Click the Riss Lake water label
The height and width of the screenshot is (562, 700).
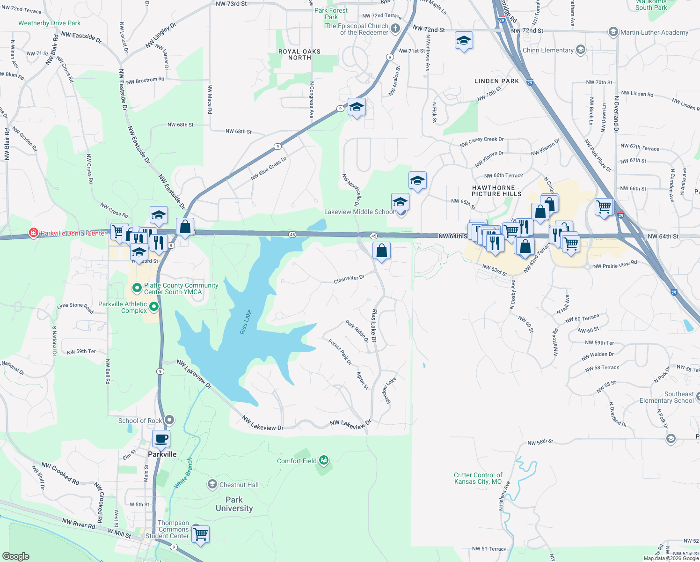246,322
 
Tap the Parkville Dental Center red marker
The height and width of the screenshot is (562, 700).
34,233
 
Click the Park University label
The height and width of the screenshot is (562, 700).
234,504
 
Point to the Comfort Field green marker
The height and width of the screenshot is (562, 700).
324,461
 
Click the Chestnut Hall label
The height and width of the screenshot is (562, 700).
239,485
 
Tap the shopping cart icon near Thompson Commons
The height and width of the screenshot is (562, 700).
200,534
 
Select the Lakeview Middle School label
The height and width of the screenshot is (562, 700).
359,212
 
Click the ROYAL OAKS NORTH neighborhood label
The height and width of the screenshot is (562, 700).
299,54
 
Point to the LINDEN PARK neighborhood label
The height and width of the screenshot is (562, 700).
496,81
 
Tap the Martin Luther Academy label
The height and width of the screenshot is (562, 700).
654,32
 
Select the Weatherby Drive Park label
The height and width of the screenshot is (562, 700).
49,23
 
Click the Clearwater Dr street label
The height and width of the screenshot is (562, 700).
349,279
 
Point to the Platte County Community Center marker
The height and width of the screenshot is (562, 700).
137,288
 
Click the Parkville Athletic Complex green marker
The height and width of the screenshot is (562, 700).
153,307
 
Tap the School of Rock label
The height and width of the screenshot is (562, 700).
140,421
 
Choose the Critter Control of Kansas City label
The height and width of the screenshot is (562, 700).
478,478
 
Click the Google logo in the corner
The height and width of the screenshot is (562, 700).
15,556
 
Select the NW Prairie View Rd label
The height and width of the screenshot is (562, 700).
615,265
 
